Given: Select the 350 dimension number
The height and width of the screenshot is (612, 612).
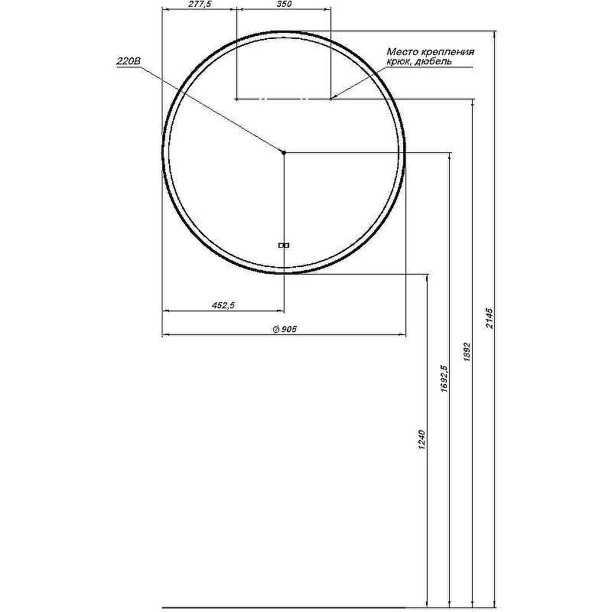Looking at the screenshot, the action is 284,5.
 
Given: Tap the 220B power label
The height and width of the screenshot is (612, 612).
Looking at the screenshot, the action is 128,62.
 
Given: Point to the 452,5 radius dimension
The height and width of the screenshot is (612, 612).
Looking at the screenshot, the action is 223,305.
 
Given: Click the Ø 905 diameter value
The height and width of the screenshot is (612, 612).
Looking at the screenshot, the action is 285,330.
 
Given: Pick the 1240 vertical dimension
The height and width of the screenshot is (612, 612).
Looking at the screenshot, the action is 422,440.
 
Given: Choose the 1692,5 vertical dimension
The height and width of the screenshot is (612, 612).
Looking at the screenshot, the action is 444,379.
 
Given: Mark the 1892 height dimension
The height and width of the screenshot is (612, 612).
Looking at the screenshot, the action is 467,352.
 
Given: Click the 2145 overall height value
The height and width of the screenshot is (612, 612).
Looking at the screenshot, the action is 490,318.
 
